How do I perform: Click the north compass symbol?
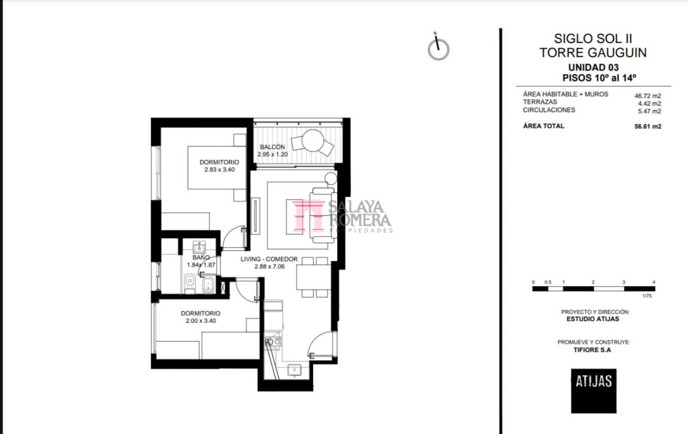438,49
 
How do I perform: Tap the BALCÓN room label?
272,147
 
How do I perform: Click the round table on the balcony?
312,140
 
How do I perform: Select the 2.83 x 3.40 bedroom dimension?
219,170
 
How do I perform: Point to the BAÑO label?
201,257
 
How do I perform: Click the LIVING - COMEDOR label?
269,259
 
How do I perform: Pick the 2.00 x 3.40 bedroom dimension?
201,320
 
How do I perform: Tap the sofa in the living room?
323,216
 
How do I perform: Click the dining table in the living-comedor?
314,277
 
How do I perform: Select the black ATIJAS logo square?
594,390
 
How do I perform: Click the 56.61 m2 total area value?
648,127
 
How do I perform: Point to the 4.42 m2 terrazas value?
649,104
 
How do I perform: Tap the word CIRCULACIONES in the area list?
549,110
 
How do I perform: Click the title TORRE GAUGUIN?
593,53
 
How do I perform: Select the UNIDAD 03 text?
593,67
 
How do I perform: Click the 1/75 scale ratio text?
647,296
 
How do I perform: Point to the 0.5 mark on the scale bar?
548,282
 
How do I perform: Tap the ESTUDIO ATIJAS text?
593,319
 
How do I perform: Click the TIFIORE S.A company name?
592,350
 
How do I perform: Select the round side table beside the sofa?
331,178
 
